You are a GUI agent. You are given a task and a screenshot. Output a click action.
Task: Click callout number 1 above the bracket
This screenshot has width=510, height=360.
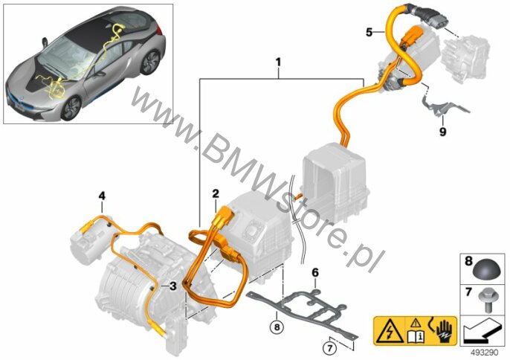278,62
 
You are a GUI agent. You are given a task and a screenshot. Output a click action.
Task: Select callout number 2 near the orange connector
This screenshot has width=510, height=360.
216,194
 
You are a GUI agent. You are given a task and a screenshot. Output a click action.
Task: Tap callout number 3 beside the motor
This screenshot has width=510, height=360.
172,286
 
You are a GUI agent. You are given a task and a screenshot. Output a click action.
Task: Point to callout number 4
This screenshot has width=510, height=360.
102,196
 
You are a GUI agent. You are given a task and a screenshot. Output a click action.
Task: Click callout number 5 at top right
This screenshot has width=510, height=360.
369,32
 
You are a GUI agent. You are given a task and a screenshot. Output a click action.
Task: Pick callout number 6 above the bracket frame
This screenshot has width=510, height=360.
315,273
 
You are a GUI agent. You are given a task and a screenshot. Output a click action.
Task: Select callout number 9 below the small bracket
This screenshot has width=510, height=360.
442,132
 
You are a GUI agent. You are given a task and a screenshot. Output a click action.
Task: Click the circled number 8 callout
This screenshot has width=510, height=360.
277,327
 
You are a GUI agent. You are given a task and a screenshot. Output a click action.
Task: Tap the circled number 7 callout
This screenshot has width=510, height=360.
329,349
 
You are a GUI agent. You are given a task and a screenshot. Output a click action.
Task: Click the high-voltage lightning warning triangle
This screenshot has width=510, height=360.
389,331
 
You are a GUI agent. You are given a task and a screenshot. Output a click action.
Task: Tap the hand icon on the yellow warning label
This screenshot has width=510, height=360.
444,332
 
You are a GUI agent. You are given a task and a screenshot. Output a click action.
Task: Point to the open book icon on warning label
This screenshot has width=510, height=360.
416,336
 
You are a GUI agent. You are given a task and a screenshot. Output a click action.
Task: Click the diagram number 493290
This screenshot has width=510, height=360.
484,353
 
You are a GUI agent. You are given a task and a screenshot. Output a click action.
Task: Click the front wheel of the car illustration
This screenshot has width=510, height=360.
71,109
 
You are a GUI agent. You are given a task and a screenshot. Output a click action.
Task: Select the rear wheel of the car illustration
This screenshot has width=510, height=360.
150,62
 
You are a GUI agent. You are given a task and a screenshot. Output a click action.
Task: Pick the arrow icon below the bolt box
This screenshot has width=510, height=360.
482,330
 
